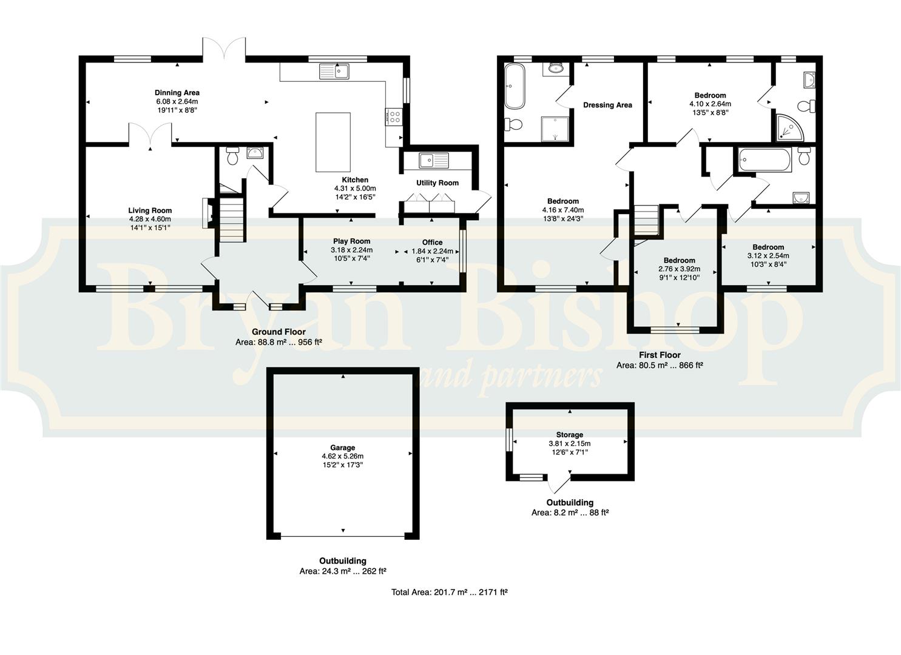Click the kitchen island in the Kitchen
332,143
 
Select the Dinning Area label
177,93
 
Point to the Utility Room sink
434,161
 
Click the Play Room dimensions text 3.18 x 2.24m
351,250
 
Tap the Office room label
433,243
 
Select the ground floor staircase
232,218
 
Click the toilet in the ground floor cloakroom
232,156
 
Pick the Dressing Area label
607,106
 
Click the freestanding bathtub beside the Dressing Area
515,86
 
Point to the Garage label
343,448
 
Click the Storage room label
570,435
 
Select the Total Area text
450,593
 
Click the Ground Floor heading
278,332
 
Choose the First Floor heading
660,355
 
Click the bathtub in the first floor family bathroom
766,160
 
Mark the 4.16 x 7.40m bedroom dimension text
563,210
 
